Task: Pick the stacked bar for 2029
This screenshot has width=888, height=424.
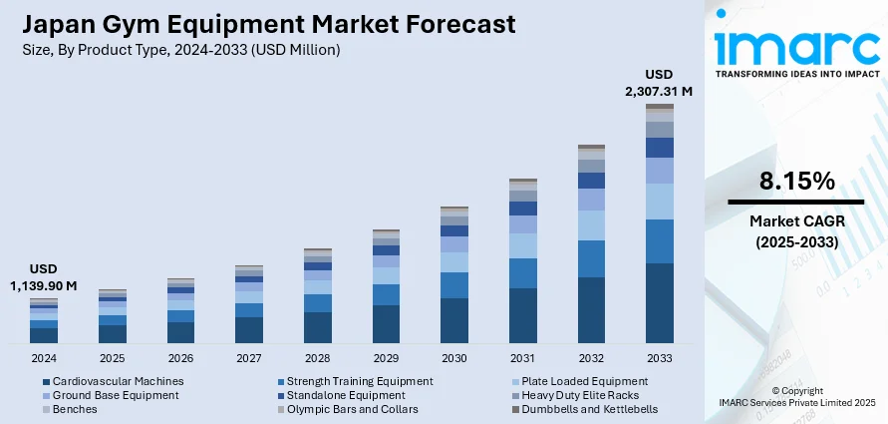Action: pos(386,286)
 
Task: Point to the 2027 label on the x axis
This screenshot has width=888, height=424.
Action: pos(249,357)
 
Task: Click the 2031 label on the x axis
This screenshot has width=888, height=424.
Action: pos(522,357)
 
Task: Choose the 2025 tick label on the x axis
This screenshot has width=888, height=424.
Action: pos(113,357)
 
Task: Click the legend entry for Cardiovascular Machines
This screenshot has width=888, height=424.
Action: pos(118,381)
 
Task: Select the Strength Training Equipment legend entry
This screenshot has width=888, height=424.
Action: pos(360,381)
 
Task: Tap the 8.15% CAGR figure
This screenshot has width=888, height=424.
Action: pos(795,181)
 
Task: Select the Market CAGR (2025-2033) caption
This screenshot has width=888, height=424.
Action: pos(795,232)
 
